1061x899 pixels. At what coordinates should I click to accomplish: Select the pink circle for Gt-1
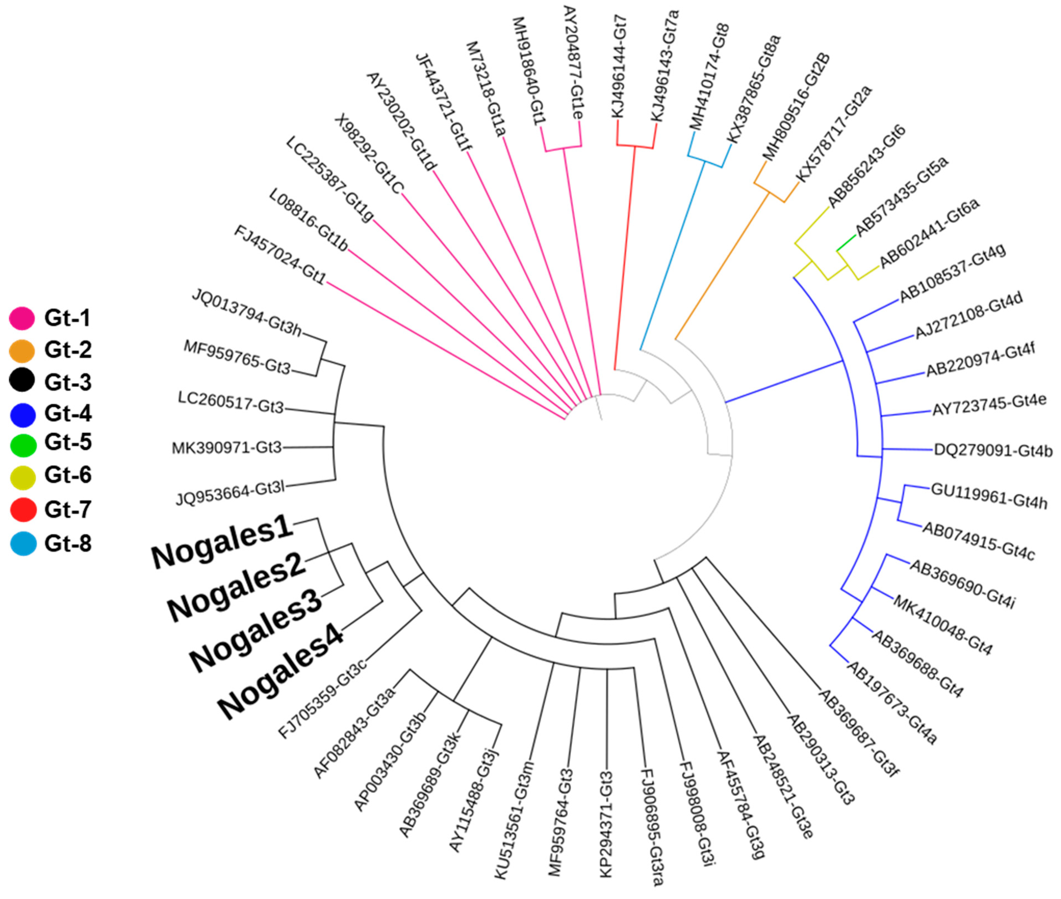point(22,318)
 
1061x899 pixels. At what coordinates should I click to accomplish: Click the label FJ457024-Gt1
point(279,255)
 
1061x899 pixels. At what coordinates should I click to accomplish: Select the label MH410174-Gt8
point(710,77)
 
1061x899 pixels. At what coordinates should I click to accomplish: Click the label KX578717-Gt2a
point(834,133)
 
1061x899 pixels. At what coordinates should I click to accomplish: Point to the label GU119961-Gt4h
point(989,496)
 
